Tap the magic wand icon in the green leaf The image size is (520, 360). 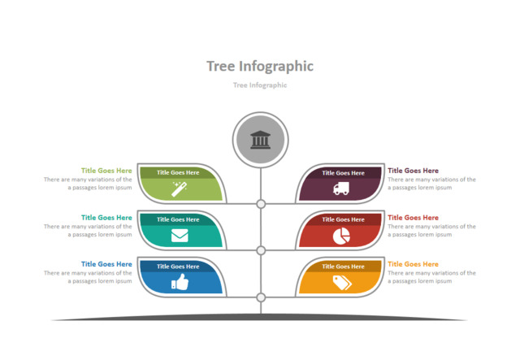pos(180,189)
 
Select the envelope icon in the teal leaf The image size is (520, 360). pos(180,236)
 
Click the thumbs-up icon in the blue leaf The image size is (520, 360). pos(180,282)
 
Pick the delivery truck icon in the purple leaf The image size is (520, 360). pos(341,189)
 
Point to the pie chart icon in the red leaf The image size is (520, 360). pos(341,236)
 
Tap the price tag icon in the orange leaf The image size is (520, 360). pos(341,282)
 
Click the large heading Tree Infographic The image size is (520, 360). pos(260,66)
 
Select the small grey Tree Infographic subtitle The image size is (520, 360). pos(260,85)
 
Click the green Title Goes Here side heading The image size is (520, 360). pos(106,171)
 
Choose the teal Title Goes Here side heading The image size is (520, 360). pos(106,218)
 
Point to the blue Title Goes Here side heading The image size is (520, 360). pos(106,264)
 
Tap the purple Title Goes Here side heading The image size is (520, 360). pos(413,171)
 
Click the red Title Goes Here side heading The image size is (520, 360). pos(413,218)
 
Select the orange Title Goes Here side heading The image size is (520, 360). pos(413,264)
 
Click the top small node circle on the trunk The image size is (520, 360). pos(261,204)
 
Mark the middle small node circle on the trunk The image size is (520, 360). pos(261,250)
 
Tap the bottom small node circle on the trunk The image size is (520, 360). pos(261,297)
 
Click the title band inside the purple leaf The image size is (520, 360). pos(340,172)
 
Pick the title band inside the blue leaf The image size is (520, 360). pos(178,266)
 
